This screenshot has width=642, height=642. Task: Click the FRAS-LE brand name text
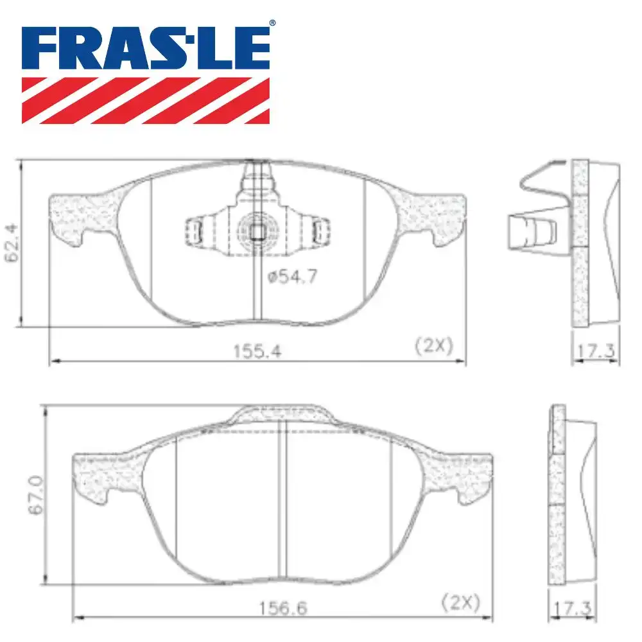point(146,49)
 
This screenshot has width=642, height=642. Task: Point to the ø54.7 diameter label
point(292,277)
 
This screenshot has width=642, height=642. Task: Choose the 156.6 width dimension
point(281,606)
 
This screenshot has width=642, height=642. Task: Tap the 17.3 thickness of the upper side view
point(596,351)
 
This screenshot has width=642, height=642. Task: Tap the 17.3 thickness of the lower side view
point(573,606)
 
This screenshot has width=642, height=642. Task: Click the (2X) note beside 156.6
point(461,602)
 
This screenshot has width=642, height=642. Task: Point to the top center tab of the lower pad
point(282,414)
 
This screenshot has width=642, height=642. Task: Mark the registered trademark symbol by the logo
point(272,24)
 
